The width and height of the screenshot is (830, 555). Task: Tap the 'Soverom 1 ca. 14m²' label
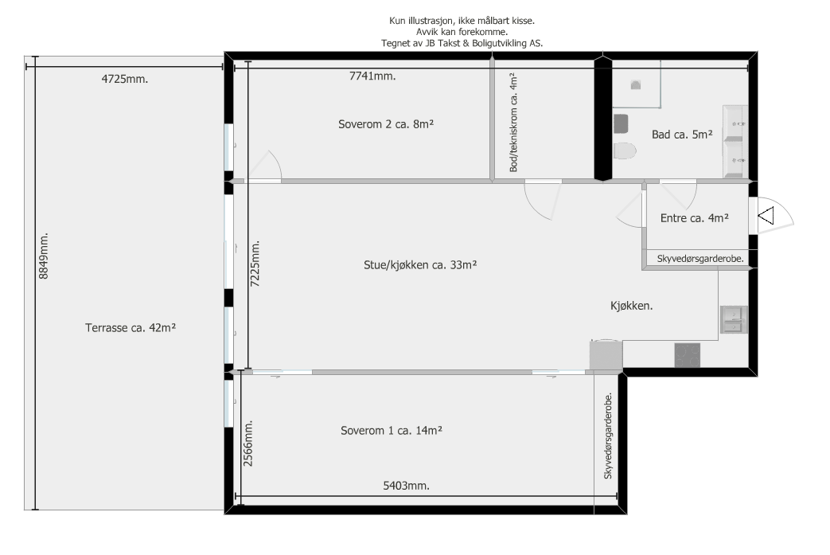(392, 430)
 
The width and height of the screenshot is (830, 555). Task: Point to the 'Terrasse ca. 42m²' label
(130, 326)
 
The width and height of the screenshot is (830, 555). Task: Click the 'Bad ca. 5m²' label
(681, 135)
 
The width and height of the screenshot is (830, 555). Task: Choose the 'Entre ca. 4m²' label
(695, 217)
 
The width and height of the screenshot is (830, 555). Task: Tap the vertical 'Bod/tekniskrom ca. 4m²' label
(514, 121)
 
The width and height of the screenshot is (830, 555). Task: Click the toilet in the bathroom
(625, 151)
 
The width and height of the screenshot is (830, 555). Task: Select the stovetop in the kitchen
(687, 355)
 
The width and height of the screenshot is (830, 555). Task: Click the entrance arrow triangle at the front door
(766, 215)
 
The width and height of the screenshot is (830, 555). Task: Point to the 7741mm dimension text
(373, 76)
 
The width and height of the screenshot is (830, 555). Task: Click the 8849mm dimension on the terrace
(45, 256)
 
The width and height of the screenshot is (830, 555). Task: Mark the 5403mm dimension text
(402, 486)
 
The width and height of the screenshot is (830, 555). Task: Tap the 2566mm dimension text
(248, 444)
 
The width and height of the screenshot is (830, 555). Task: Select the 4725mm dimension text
(125, 79)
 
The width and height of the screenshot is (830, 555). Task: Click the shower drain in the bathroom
(636, 84)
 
